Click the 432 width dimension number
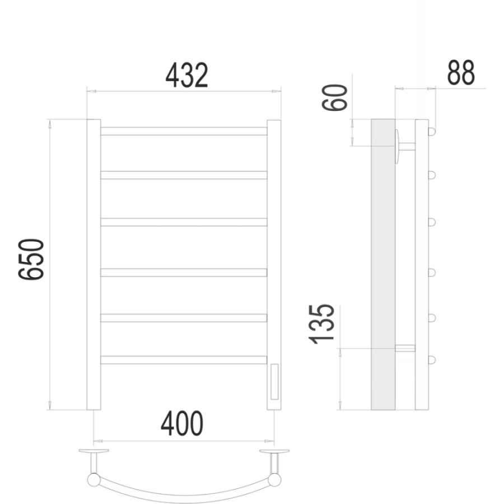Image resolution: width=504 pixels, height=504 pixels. pos(186,76)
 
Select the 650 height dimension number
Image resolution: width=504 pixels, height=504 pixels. pos(31,259)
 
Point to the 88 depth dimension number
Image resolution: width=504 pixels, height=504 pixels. pos(461,73)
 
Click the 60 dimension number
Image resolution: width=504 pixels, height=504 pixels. pos(335,97)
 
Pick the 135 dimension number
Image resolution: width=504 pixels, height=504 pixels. pos(321,324)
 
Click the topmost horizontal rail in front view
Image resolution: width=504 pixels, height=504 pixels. pos(184,131)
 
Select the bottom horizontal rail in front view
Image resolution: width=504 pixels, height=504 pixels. pos(184,360)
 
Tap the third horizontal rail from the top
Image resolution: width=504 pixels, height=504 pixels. pos(184,222)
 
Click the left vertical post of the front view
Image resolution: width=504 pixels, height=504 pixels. pos(94,264)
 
